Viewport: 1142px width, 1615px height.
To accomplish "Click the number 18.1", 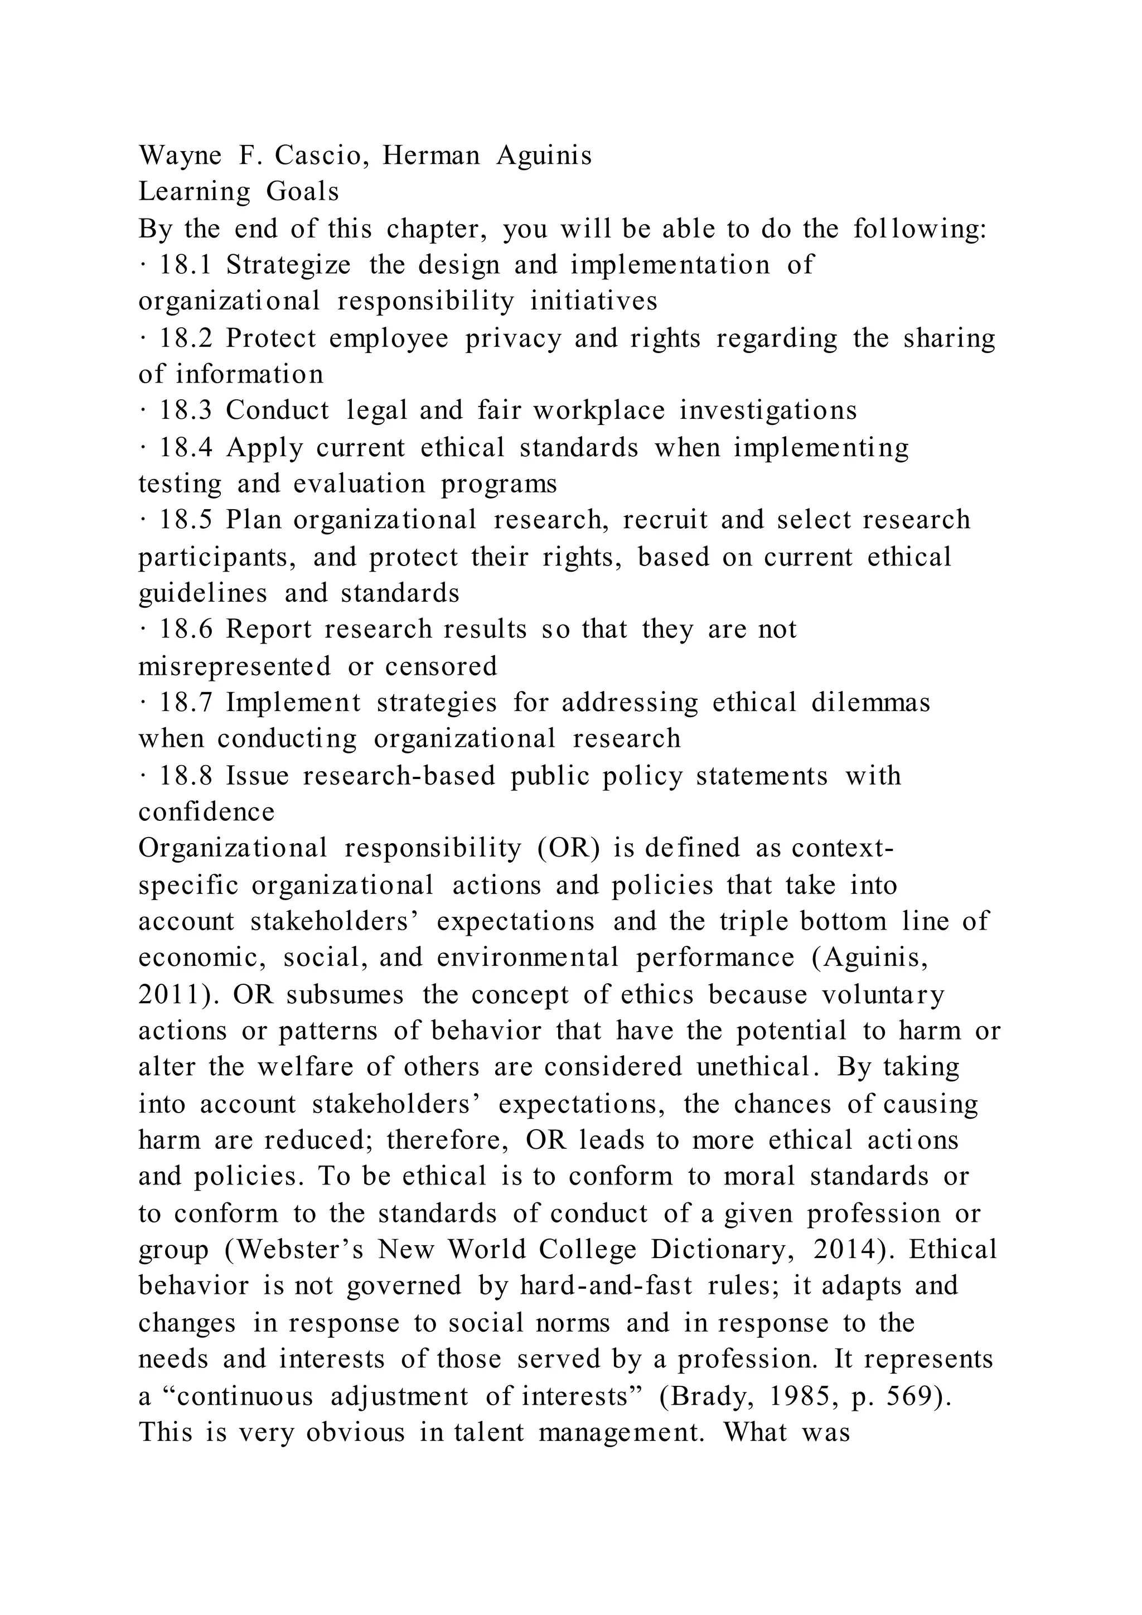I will (185, 265).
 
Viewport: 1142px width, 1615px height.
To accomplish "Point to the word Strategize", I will (288, 265).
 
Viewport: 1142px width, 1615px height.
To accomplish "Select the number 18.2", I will (185, 339).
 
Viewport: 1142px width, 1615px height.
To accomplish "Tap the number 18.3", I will (185, 411).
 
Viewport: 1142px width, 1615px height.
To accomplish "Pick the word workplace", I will (598, 411).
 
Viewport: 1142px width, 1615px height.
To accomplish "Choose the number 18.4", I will (185, 448).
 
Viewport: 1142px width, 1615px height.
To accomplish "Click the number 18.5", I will (185, 520).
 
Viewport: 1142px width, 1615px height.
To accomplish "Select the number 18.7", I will (185, 703).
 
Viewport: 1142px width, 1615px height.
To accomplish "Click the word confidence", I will (206, 813).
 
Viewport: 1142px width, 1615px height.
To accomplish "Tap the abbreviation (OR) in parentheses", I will (568, 848).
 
